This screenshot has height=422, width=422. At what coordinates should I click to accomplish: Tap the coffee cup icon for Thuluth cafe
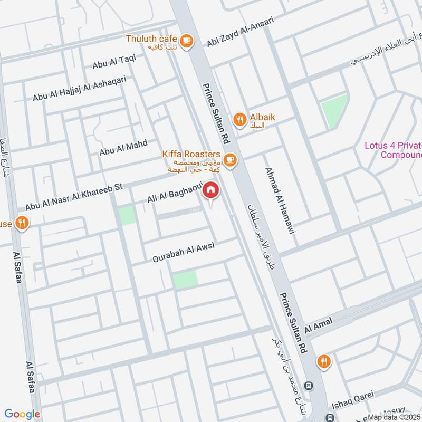186,40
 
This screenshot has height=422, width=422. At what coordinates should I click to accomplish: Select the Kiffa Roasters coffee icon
229,159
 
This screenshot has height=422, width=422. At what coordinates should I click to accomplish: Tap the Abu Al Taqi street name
114,64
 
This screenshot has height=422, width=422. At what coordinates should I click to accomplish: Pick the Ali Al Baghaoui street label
172,197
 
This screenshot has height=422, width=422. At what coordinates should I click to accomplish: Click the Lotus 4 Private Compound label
394,150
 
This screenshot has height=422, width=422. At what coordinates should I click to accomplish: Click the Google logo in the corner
22,414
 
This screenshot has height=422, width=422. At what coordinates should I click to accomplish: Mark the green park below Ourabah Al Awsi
185,279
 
